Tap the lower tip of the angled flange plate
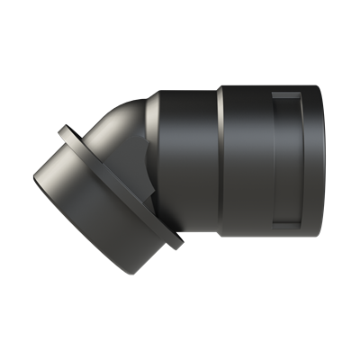[x=178, y=244]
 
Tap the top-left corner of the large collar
[x=221, y=85]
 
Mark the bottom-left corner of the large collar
[x=221, y=236]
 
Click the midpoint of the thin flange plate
[x=120, y=187]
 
